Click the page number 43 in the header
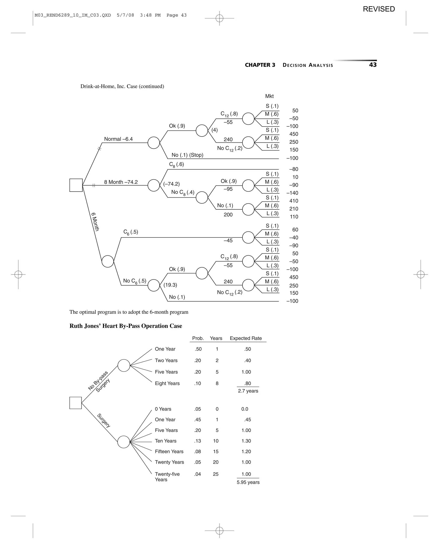pyautogui.click(x=373, y=65)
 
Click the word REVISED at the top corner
pyautogui.click(x=379, y=9)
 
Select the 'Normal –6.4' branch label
pyautogui.click(x=118, y=139)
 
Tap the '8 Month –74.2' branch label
pyautogui.click(x=121, y=182)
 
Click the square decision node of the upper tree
pyautogui.click(x=76, y=185)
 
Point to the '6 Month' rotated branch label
pyautogui.click(x=95, y=222)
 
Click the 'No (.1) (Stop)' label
pyautogui.click(x=187, y=155)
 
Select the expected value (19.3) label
pyautogui.click(x=170, y=285)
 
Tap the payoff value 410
pyautogui.click(x=294, y=201)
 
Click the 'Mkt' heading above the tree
pyautogui.click(x=269, y=96)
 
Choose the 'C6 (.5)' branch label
pyautogui.click(x=131, y=232)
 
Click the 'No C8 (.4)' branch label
pyautogui.click(x=182, y=192)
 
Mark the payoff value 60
pyautogui.click(x=295, y=230)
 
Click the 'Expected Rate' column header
pyautogui.click(x=246, y=338)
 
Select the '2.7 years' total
pyautogui.click(x=248, y=391)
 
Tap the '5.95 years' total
pyautogui.click(x=248, y=482)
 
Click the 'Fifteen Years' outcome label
pyautogui.click(x=169, y=451)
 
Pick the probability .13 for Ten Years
pyautogui.click(x=197, y=441)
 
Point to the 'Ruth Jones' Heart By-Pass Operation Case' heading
pyautogui.click(x=126, y=326)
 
